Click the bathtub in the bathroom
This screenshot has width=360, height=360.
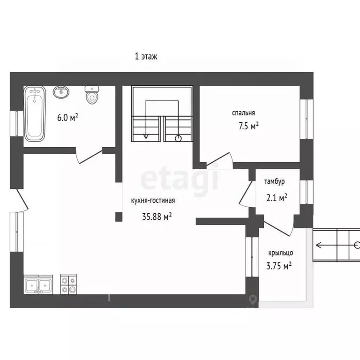pos(35,113)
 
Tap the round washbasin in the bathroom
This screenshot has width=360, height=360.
pos(61,92)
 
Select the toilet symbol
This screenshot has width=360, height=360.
pos(92,95)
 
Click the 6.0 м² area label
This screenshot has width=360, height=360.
pos(67,118)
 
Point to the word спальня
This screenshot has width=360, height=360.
pos(243,113)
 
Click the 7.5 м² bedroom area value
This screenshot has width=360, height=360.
pos(248,126)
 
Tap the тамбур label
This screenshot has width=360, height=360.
pos(275,181)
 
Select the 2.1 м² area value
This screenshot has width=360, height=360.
pos(277,197)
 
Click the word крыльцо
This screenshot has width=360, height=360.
pos(281,253)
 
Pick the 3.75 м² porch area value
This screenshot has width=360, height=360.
pos(279,266)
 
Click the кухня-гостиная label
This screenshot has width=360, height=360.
pos(153,201)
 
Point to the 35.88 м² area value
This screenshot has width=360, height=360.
pos(157,217)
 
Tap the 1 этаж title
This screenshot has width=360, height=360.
pos(146,56)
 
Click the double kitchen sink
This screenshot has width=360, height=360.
pos(38,285)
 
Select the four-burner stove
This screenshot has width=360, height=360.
pos(68,284)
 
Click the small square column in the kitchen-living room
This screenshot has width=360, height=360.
pos(119,217)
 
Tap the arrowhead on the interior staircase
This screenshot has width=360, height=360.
pos(146,136)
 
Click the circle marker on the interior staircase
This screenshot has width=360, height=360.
pos(179,138)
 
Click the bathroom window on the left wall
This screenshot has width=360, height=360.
pos(16,124)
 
